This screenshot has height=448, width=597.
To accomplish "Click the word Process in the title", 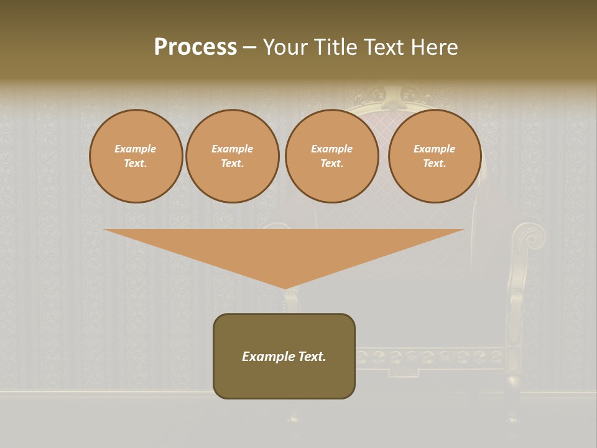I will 195,47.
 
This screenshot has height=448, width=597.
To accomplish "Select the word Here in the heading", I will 435,47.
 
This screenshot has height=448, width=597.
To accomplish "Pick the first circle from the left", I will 136,156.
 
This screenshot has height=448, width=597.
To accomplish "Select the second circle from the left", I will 233,156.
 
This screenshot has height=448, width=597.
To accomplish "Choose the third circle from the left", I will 331,156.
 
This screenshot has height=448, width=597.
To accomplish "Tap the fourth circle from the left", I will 435,156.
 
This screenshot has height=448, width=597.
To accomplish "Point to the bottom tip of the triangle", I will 285,287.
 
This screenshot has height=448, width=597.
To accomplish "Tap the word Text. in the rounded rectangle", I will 313,357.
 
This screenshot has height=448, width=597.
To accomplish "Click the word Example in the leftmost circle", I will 136,149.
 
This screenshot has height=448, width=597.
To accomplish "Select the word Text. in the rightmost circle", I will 435,164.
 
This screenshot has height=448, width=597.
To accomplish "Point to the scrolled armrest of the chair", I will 529,236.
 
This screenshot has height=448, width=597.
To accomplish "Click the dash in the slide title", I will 250,48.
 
